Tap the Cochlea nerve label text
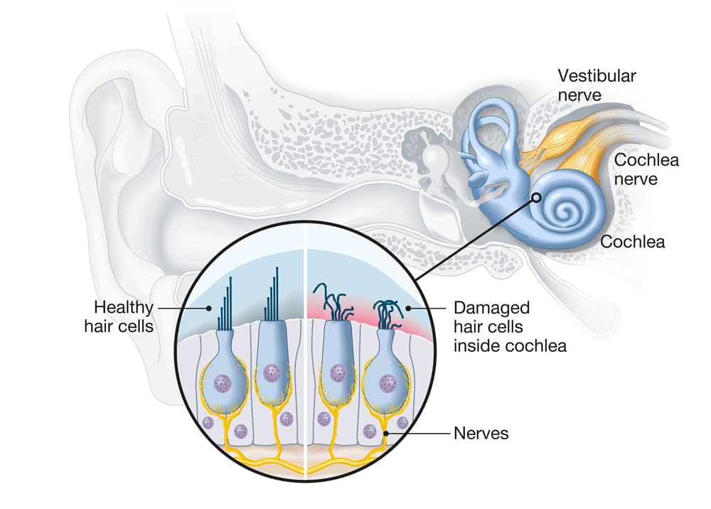pyautogui.click(x=646, y=168)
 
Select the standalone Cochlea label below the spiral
pyautogui.click(x=633, y=242)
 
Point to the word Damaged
pyautogui.click(x=492, y=308)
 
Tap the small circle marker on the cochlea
pyautogui.click(x=535, y=200)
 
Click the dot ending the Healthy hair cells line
pyautogui.click(x=208, y=308)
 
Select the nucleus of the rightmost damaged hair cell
pyautogui.click(x=388, y=385)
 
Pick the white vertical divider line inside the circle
pyautogui.click(x=304, y=355)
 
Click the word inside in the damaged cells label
pyautogui.click(x=474, y=346)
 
